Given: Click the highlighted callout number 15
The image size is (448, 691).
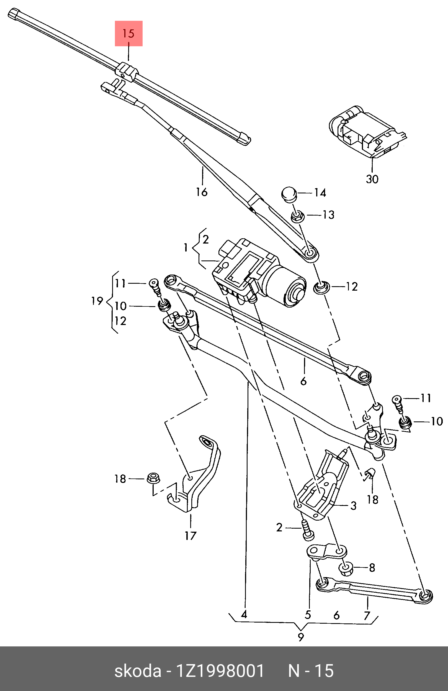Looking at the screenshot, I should (128, 34).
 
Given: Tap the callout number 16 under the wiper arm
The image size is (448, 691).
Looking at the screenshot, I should (202, 192).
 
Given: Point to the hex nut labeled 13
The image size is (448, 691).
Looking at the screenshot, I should (297, 216).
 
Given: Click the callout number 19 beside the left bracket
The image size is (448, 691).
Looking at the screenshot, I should (97, 301).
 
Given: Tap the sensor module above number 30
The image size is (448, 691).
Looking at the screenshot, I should (365, 131).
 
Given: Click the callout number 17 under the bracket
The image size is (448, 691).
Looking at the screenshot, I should (190, 536).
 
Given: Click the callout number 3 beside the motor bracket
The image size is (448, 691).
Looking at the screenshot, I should (353, 505).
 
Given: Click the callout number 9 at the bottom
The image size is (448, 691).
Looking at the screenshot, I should (301, 637).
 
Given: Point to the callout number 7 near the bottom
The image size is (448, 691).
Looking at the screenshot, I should (367, 615).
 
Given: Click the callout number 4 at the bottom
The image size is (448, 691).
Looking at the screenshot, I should (244, 614).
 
